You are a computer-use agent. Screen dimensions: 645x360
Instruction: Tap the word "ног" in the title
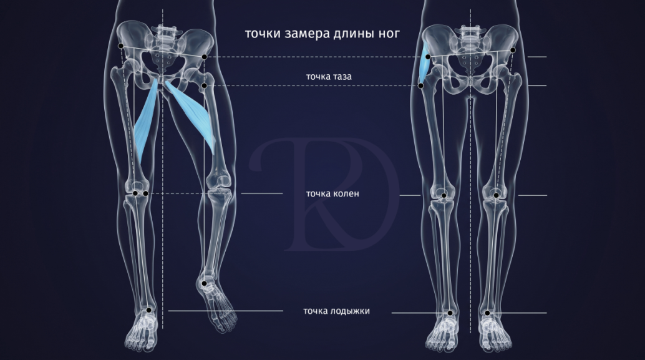[389, 33]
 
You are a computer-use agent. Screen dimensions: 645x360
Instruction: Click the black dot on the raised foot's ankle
[204, 283]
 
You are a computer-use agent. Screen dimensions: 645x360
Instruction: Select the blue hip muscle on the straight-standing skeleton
[425, 63]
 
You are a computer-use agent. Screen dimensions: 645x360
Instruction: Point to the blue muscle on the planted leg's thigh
[145, 121]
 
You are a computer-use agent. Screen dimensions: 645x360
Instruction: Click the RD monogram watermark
[324, 194]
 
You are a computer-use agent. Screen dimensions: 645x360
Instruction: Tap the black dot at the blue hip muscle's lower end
[421, 85]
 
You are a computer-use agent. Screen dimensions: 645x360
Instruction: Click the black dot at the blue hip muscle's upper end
[428, 57]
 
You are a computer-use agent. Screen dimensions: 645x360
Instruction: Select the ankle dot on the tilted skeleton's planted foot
[149, 310]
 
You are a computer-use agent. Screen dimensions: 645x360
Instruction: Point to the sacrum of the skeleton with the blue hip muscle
[470, 57]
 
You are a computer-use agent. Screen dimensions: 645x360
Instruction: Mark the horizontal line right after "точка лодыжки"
[469, 313]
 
